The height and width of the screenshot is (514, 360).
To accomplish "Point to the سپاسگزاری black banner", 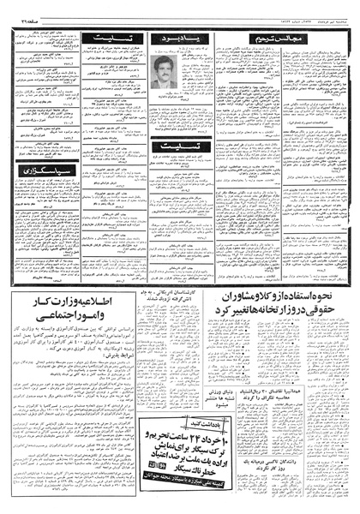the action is [35, 170].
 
